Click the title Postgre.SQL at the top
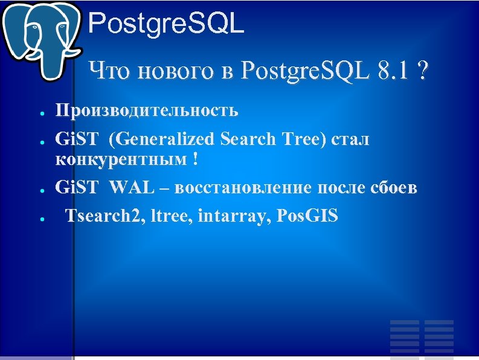click(166, 24)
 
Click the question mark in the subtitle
click(420, 72)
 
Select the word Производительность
click(147, 111)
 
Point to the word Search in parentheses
click(249, 140)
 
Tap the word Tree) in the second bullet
click(307, 140)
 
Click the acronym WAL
click(140, 187)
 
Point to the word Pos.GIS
click(306, 216)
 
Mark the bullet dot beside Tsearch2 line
click(37, 219)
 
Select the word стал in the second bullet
click(350, 140)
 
